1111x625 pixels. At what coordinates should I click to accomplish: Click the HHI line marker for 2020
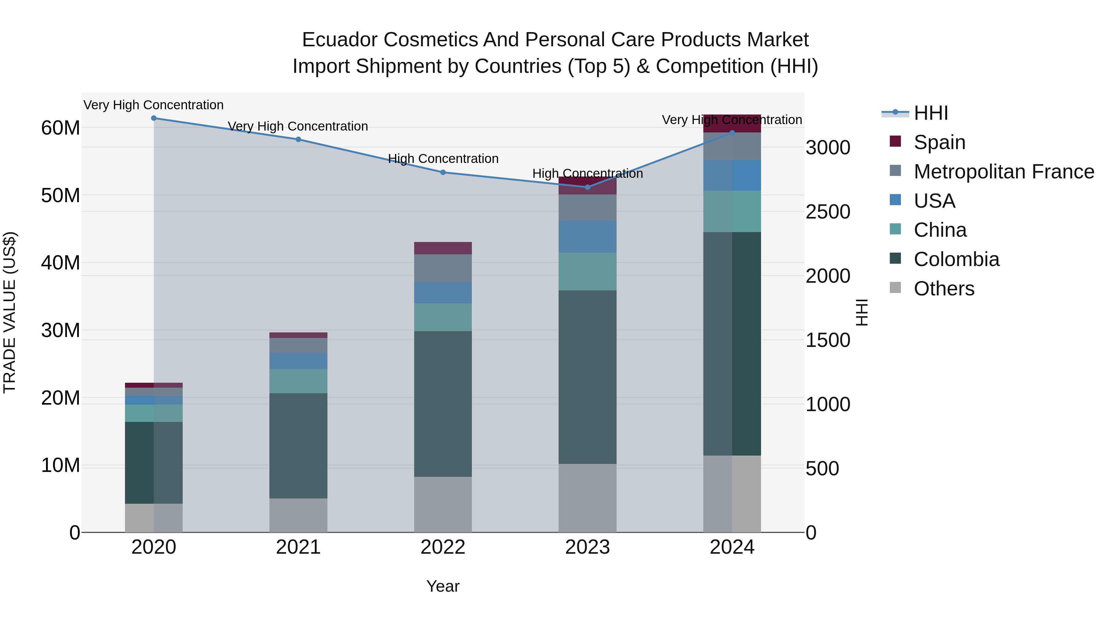(x=154, y=118)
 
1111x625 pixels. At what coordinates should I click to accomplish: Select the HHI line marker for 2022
(x=443, y=172)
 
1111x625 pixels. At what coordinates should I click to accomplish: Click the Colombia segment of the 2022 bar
(x=443, y=404)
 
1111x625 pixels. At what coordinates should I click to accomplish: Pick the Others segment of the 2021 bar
(x=298, y=515)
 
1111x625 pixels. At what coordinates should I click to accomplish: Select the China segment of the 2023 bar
(x=587, y=271)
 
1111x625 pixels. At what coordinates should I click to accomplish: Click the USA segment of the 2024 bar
(x=732, y=176)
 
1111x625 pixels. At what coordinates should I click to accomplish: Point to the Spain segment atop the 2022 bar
(x=443, y=248)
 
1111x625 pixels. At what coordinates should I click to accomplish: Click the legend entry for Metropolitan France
(x=1004, y=172)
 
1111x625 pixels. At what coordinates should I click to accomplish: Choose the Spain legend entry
(x=939, y=142)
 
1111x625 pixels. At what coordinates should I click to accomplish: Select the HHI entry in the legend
(x=931, y=113)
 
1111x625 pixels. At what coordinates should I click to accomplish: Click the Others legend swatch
(x=895, y=287)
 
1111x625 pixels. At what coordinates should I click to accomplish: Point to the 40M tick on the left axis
(x=61, y=263)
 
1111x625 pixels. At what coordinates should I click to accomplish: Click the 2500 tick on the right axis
(x=828, y=212)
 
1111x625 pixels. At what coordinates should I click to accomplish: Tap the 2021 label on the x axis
(x=298, y=547)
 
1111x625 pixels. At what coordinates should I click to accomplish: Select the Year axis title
(x=443, y=586)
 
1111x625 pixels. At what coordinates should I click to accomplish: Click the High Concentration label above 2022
(x=443, y=159)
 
